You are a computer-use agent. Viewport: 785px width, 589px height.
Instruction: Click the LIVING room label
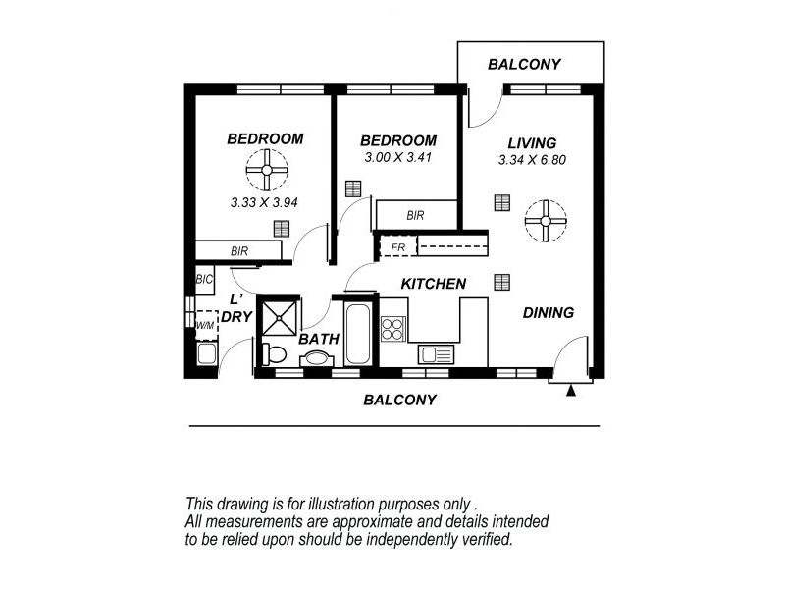(x=533, y=142)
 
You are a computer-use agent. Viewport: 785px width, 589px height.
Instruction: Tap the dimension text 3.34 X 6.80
(x=533, y=160)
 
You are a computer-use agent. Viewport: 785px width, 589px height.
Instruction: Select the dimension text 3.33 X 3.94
(x=263, y=204)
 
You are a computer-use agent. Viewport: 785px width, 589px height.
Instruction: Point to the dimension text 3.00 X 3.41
(x=397, y=157)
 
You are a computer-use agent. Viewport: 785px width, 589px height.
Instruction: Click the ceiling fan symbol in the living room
(x=545, y=221)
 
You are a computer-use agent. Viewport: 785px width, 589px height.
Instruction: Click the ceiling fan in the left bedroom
(x=265, y=176)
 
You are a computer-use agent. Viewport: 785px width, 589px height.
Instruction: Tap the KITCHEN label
(x=433, y=284)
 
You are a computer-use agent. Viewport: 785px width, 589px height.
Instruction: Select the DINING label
(x=548, y=313)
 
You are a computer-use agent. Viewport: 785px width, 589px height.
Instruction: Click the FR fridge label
(x=397, y=247)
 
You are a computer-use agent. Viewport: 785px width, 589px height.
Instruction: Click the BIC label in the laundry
(x=204, y=280)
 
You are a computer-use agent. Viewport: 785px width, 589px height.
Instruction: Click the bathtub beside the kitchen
(x=358, y=333)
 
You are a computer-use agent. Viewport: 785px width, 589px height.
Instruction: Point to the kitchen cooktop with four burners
(x=393, y=326)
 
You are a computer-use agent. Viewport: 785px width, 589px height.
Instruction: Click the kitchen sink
(x=434, y=354)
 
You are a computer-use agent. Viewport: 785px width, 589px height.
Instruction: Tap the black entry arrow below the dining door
(x=570, y=390)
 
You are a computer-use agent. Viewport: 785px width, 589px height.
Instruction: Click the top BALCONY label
(x=525, y=65)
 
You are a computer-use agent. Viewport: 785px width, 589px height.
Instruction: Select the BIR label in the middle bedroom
(x=415, y=215)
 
